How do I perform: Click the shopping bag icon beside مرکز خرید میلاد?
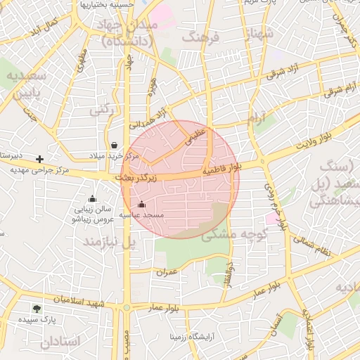tap(114, 145)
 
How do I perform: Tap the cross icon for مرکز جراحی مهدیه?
tap(40, 160)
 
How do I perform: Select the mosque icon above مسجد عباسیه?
tap(142, 205)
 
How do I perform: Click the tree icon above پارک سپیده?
tap(37, 308)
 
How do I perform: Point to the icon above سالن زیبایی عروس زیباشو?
tap(92, 199)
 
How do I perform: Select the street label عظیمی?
tap(194, 136)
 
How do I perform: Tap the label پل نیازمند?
tap(109, 242)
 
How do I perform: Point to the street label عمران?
tap(167, 271)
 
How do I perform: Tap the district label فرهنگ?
tap(201, 37)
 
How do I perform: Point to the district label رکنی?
tap(101, 110)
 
